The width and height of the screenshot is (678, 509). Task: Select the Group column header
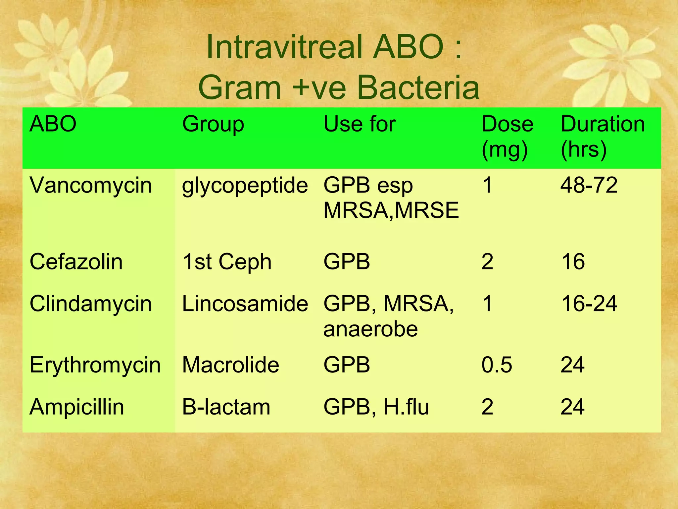coord(213,124)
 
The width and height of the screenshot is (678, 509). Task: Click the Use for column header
coord(360,124)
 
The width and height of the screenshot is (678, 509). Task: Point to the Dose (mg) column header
coord(507,137)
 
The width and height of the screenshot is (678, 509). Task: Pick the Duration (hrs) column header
coord(603,137)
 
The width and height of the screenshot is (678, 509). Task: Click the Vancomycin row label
coord(91,185)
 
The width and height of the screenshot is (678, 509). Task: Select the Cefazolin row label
coord(76,262)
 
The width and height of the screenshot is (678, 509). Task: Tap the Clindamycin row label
coord(91,304)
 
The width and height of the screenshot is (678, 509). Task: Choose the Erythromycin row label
coord(95,365)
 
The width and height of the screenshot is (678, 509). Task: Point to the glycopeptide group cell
coord(245,186)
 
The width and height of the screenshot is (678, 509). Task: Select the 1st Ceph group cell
coord(227,262)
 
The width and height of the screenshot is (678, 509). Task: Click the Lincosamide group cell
coord(245,304)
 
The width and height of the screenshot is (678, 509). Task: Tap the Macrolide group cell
coord(231,365)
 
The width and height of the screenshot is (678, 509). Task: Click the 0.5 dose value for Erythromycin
coord(497,365)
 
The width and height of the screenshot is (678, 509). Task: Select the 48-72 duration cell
coord(589,185)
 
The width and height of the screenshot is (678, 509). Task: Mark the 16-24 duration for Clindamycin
coord(589,304)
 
